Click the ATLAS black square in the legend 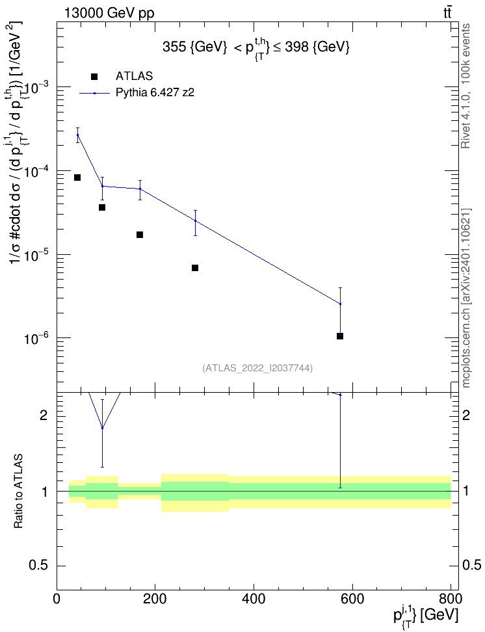point(94,77)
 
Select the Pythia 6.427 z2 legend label point(155,93)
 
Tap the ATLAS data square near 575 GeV point(340,336)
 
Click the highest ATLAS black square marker point(77,178)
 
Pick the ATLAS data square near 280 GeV point(195,268)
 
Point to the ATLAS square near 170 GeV point(140,235)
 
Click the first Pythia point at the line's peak point(77,135)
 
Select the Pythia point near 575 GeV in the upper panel point(340,304)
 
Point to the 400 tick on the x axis point(254,599)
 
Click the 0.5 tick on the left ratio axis point(40,566)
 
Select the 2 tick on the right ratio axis point(466,415)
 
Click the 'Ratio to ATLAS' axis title point(18,492)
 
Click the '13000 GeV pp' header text point(109,14)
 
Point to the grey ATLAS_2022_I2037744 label point(257,368)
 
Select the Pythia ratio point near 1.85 point(103,428)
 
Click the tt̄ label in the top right point(447,13)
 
